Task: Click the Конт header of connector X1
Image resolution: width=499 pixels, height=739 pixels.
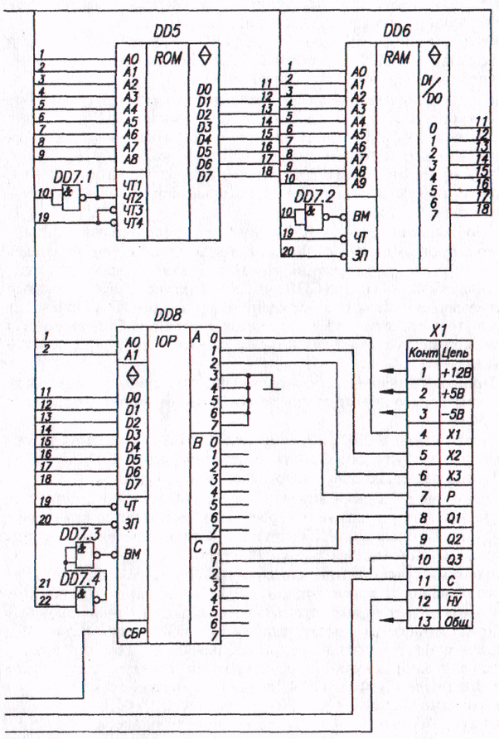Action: (x=422, y=351)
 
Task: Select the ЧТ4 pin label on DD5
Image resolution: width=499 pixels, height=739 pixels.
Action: (x=133, y=221)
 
